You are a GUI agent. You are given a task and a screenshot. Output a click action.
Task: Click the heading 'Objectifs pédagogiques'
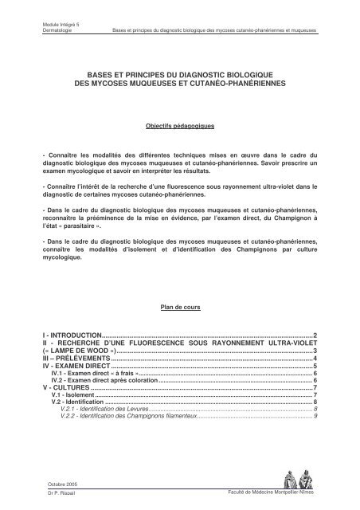[x=179, y=127]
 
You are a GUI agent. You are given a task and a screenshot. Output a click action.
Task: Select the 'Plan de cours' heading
[x=179, y=305]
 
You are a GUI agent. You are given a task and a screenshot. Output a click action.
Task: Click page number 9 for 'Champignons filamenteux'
[x=316, y=416]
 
